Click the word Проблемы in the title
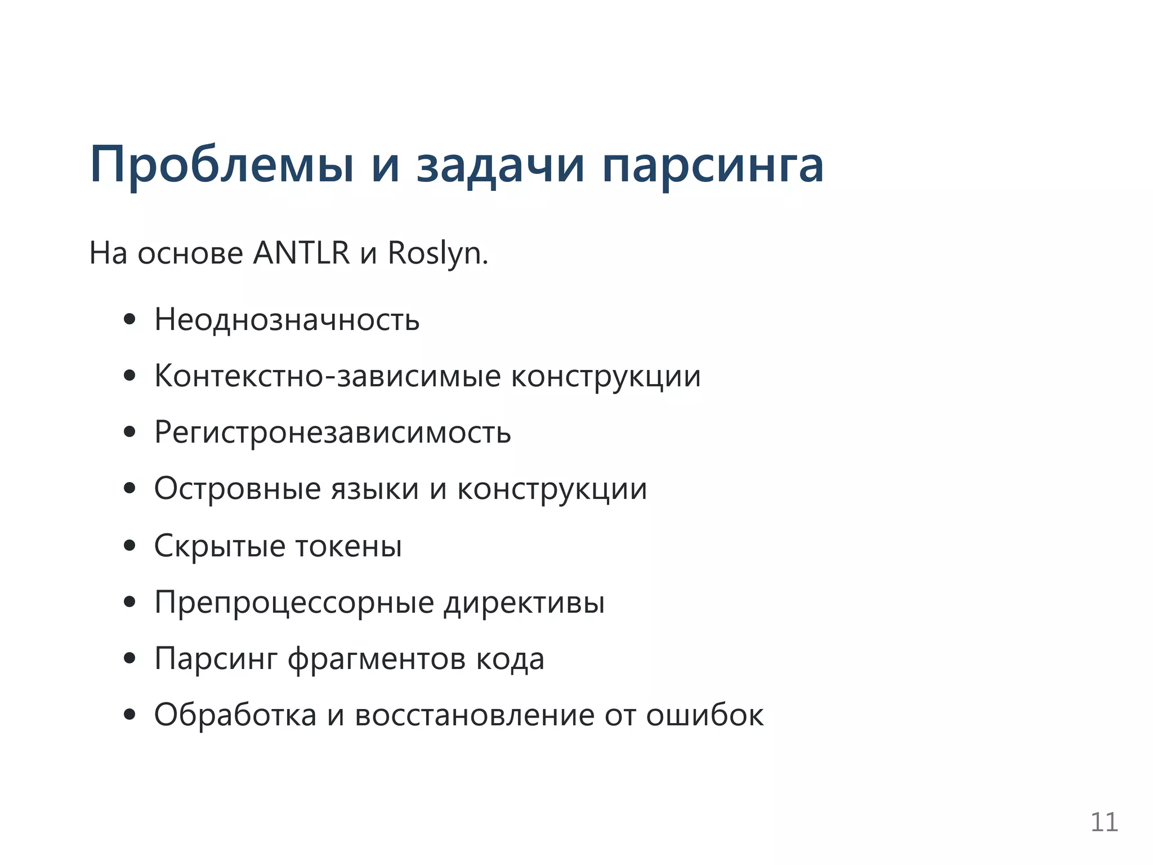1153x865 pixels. pyautogui.click(x=222, y=165)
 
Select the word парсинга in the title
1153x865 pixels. pyautogui.click(x=713, y=165)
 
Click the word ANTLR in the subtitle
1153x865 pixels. pyautogui.click(x=301, y=253)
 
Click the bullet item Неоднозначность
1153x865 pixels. pyautogui.click(x=287, y=320)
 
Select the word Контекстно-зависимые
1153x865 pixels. pyautogui.click(x=327, y=376)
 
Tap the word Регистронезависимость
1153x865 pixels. pyautogui.click(x=333, y=432)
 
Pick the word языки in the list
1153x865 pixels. pyautogui.click(x=375, y=489)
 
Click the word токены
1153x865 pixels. pyautogui.click(x=348, y=546)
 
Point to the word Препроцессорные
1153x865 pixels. pyautogui.click(x=294, y=602)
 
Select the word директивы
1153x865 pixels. pyautogui.click(x=524, y=602)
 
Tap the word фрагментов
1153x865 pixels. pyautogui.click(x=377, y=658)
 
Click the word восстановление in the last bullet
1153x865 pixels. pyautogui.click(x=475, y=715)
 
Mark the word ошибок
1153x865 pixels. pyautogui.click(x=705, y=715)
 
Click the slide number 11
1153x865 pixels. pyautogui.click(x=1104, y=822)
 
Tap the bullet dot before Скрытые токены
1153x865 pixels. pyautogui.click(x=130, y=546)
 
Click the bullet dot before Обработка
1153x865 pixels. pyautogui.click(x=130, y=715)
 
